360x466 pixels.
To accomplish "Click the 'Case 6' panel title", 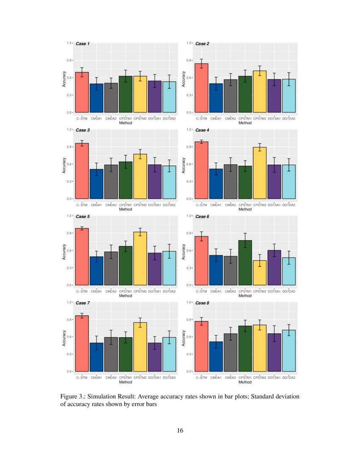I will click(x=202, y=216).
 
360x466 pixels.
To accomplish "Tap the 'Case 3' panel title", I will click(x=83, y=130).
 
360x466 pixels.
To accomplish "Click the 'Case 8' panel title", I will click(x=202, y=303).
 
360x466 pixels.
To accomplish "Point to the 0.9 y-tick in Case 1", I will click(x=68, y=60).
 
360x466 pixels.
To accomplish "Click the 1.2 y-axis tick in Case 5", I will click(x=68, y=216).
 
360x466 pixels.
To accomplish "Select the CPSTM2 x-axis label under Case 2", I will click(x=260, y=119).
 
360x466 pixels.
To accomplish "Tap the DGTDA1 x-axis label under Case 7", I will click(x=155, y=377).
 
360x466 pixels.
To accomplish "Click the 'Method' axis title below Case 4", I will click(x=245, y=209).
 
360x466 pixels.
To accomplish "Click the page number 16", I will click(x=180, y=431).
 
